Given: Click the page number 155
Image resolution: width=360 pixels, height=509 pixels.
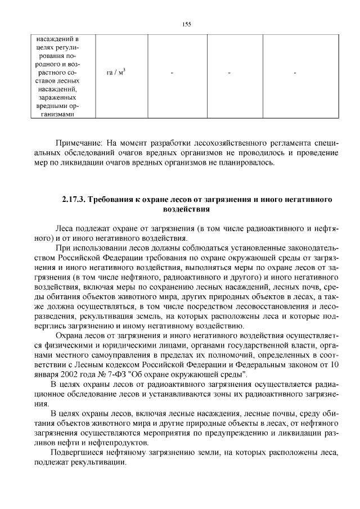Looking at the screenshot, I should [187, 24].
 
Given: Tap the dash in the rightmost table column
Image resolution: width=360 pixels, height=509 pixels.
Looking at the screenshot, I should [294, 74].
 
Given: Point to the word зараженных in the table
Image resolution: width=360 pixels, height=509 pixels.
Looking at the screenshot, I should [57, 97].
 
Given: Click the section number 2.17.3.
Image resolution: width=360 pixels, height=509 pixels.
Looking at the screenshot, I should [74, 200].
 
